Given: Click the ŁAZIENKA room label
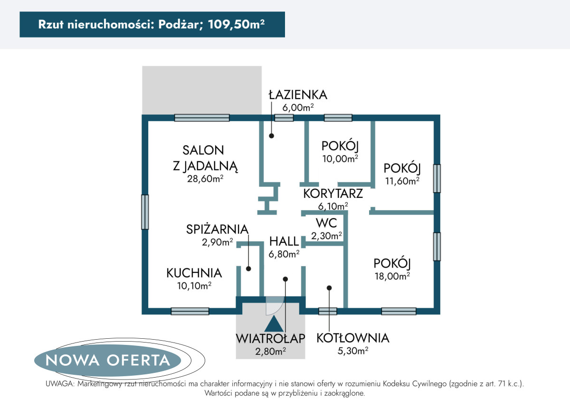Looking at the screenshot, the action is pyautogui.click(x=298, y=95).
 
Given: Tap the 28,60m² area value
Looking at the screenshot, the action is pyautogui.click(x=205, y=179).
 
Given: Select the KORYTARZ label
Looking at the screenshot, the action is pyautogui.click(x=333, y=194).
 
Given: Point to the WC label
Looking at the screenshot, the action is pyautogui.click(x=326, y=223).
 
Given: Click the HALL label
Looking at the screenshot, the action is pyautogui.click(x=284, y=241).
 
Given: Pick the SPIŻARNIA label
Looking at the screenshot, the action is pyautogui.click(x=217, y=229).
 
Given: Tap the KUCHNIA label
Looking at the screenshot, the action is pyautogui.click(x=194, y=273).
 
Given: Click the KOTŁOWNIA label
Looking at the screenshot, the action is pyautogui.click(x=352, y=338).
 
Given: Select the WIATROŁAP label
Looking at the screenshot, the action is pyautogui.click(x=270, y=339).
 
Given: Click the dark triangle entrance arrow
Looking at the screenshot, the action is pyautogui.click(x=274, y=325).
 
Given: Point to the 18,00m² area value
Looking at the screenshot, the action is pyautogui.click(x=392, y=276).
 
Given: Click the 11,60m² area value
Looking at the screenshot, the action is pyautogui.click(x=402, y=181).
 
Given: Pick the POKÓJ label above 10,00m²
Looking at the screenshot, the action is pyautogui.click(x=340, y=146).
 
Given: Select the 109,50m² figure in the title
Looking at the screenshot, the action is pyautogui.click(x=237, y=24).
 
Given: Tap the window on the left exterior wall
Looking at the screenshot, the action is pyautogui.click(x=145, y=212).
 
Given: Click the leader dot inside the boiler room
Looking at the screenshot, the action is pyautogui.click(x=329, y=288).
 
